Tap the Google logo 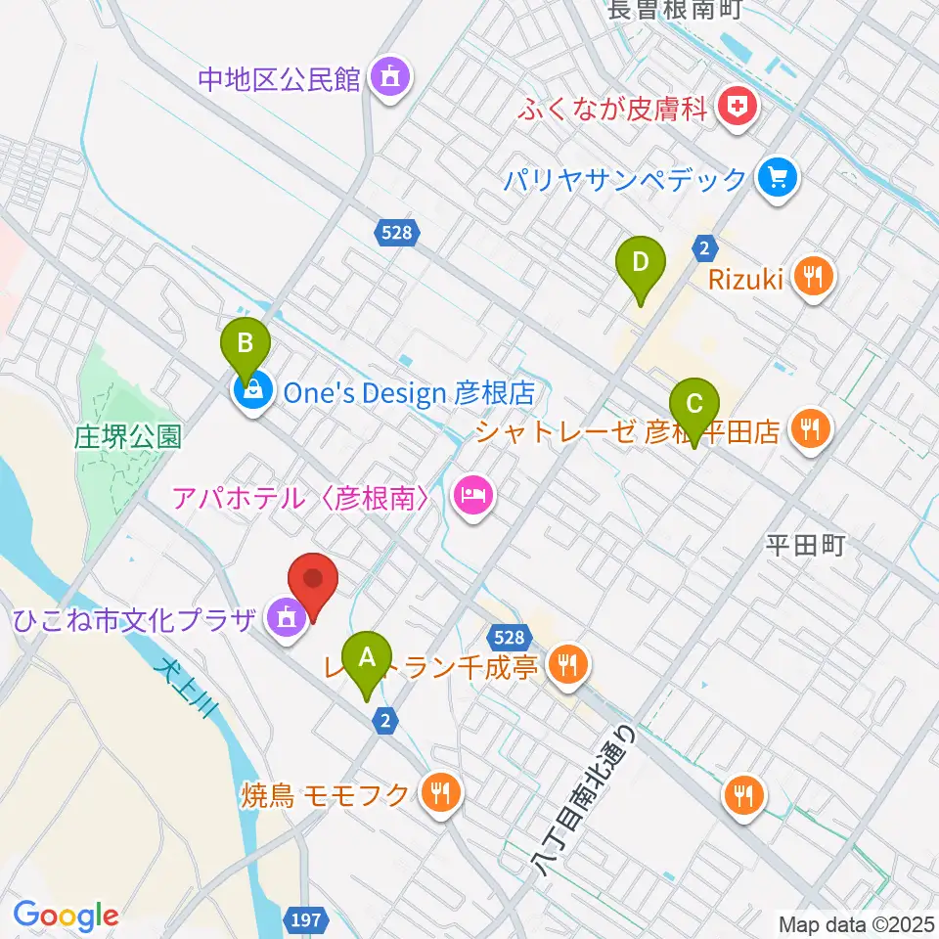pyautogui.click(x=66, y=917)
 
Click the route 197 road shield pyautogui.click(x=306, y=920)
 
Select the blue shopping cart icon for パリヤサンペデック pyautogui.click(x=779, y=178)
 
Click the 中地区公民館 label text pyautogui.click(x=279, y=78)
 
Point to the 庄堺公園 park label pyautogui.click(x=128, y=436)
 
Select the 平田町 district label pyautogui.click(x=805, y=545)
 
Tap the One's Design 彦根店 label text pyautogui.click(x=408, y=393)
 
